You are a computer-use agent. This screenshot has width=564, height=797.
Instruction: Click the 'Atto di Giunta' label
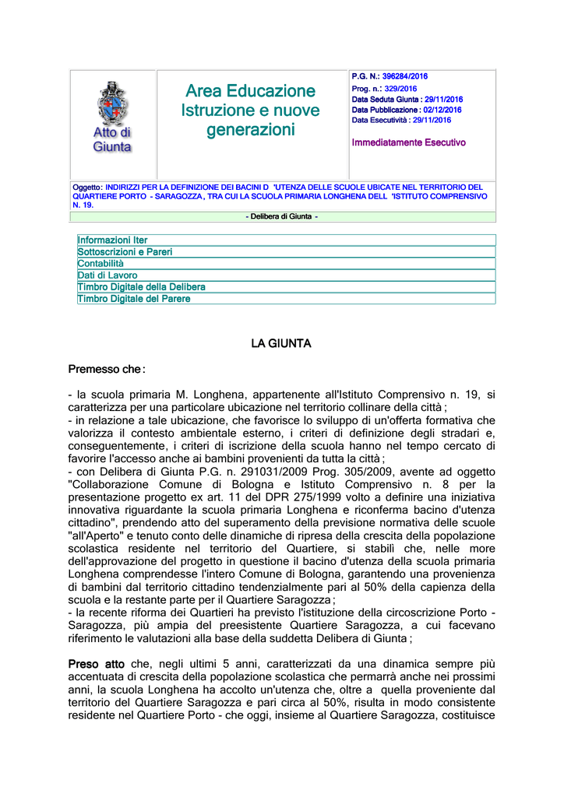click(x=113, y=139)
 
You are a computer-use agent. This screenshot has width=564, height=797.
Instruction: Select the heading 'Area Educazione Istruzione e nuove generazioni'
click(x=250, y=111)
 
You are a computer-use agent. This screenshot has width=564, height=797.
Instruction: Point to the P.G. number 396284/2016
click(x=405, y=76)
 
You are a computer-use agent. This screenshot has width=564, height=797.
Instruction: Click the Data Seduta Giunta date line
click(x=407, y=100)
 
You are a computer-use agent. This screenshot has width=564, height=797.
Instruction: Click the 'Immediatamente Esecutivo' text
click(x=408, y=142)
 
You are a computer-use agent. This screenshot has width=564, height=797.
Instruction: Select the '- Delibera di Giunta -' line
click(x=281, y=216)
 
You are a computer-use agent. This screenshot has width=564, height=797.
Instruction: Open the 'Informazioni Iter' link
click(x=112, y=241)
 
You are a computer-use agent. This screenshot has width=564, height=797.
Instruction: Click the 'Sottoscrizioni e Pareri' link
click(x=125, y=252)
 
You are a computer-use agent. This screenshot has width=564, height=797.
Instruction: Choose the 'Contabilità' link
click(x=100, y=264)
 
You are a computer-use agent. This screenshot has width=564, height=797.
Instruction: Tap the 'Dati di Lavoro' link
click(x=108, y=275)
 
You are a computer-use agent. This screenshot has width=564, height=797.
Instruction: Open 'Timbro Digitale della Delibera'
click(x=141, y=286)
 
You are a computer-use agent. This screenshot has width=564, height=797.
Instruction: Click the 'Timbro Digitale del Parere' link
click(x=134, y=298)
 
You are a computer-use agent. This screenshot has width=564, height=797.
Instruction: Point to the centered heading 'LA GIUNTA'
click(x=281, y=343)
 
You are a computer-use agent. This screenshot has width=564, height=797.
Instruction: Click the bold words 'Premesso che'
click(x=105, y=369)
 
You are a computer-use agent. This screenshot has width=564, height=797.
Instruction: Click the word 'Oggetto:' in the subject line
click(x=87, y=188)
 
